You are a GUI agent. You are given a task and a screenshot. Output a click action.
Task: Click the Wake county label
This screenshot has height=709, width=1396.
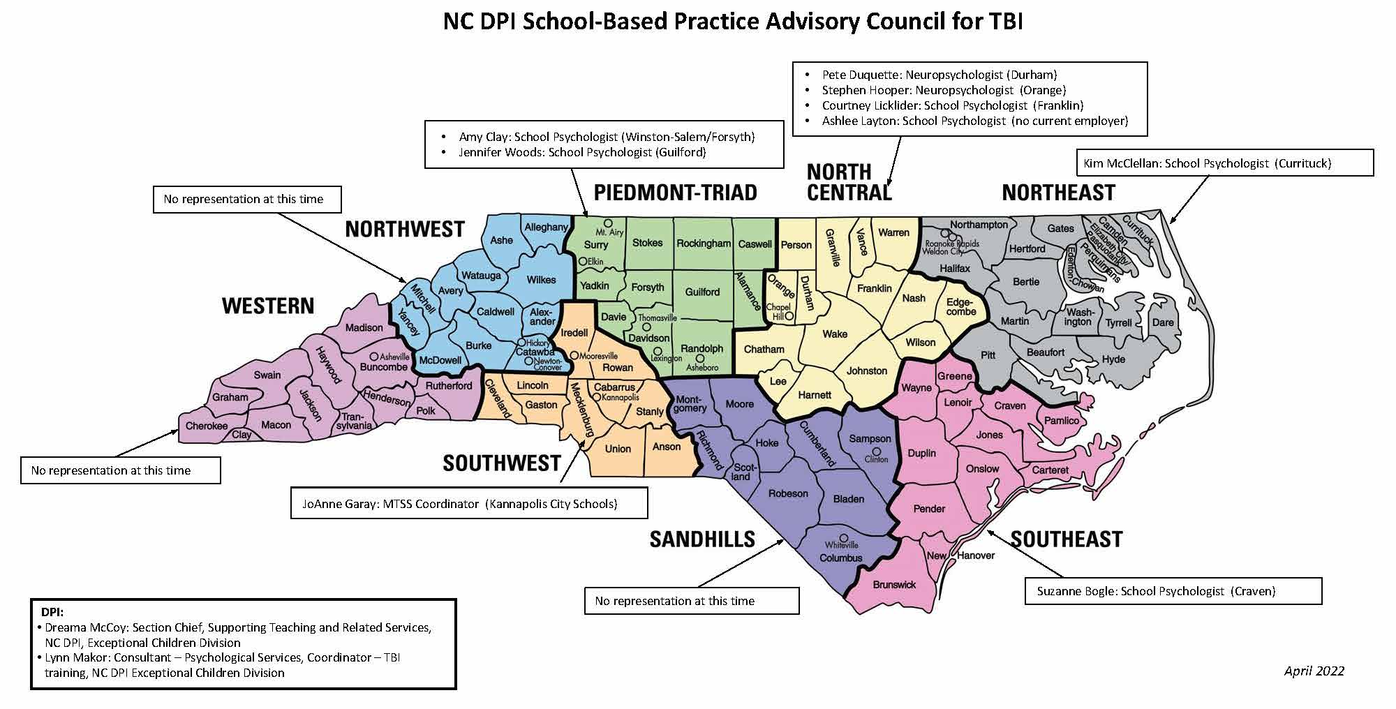[834, 334]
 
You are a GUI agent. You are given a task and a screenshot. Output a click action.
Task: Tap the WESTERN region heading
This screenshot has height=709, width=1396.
[268, 306]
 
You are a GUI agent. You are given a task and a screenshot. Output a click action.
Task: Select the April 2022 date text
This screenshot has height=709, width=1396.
[1314, 671]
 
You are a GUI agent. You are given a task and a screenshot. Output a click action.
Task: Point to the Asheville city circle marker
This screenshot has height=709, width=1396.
[373, 357]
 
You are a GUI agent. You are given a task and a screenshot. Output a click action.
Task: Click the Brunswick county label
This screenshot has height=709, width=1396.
[893, 585]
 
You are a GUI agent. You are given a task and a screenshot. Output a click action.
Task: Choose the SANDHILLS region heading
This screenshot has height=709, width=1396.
[702, 539]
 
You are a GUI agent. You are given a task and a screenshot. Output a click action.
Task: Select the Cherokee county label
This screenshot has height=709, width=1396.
[206, 426]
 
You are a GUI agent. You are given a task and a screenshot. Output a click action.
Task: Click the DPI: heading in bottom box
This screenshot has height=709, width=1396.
[52, 612]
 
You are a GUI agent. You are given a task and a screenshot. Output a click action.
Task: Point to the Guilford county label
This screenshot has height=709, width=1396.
[702, 292]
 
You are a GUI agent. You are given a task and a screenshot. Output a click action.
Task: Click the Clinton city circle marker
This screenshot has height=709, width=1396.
[876, 451]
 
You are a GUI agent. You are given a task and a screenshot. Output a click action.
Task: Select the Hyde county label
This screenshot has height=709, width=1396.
[1113, 359]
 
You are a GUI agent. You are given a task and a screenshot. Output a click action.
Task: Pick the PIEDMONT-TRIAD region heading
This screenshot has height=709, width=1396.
[675, 193]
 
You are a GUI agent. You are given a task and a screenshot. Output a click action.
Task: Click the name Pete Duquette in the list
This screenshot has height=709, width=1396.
[861, 75]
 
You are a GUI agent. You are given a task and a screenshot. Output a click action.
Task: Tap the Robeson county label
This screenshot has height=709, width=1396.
[788, 493]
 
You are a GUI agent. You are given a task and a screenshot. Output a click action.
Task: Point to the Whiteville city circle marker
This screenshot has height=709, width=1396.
[843, 538]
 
